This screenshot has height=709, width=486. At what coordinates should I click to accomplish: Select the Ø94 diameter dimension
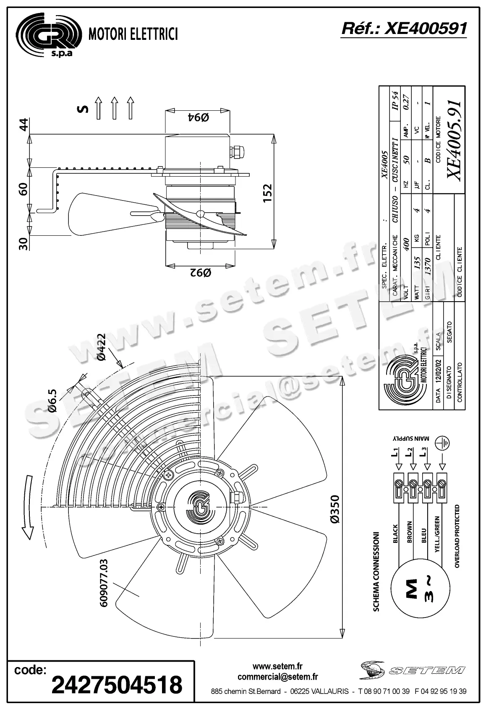tap(198, 118)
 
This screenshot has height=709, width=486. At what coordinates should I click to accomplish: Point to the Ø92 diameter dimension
tap(198, 273)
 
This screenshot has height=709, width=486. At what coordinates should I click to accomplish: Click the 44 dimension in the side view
tap(24, 125)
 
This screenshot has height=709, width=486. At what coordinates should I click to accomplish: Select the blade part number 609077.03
tap(104, 583)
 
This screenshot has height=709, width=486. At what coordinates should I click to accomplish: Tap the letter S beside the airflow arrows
tap(83, 109)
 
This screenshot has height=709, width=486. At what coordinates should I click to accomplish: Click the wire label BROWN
tap(409, 532)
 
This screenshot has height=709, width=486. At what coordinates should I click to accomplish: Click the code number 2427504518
tap(117, 684)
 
